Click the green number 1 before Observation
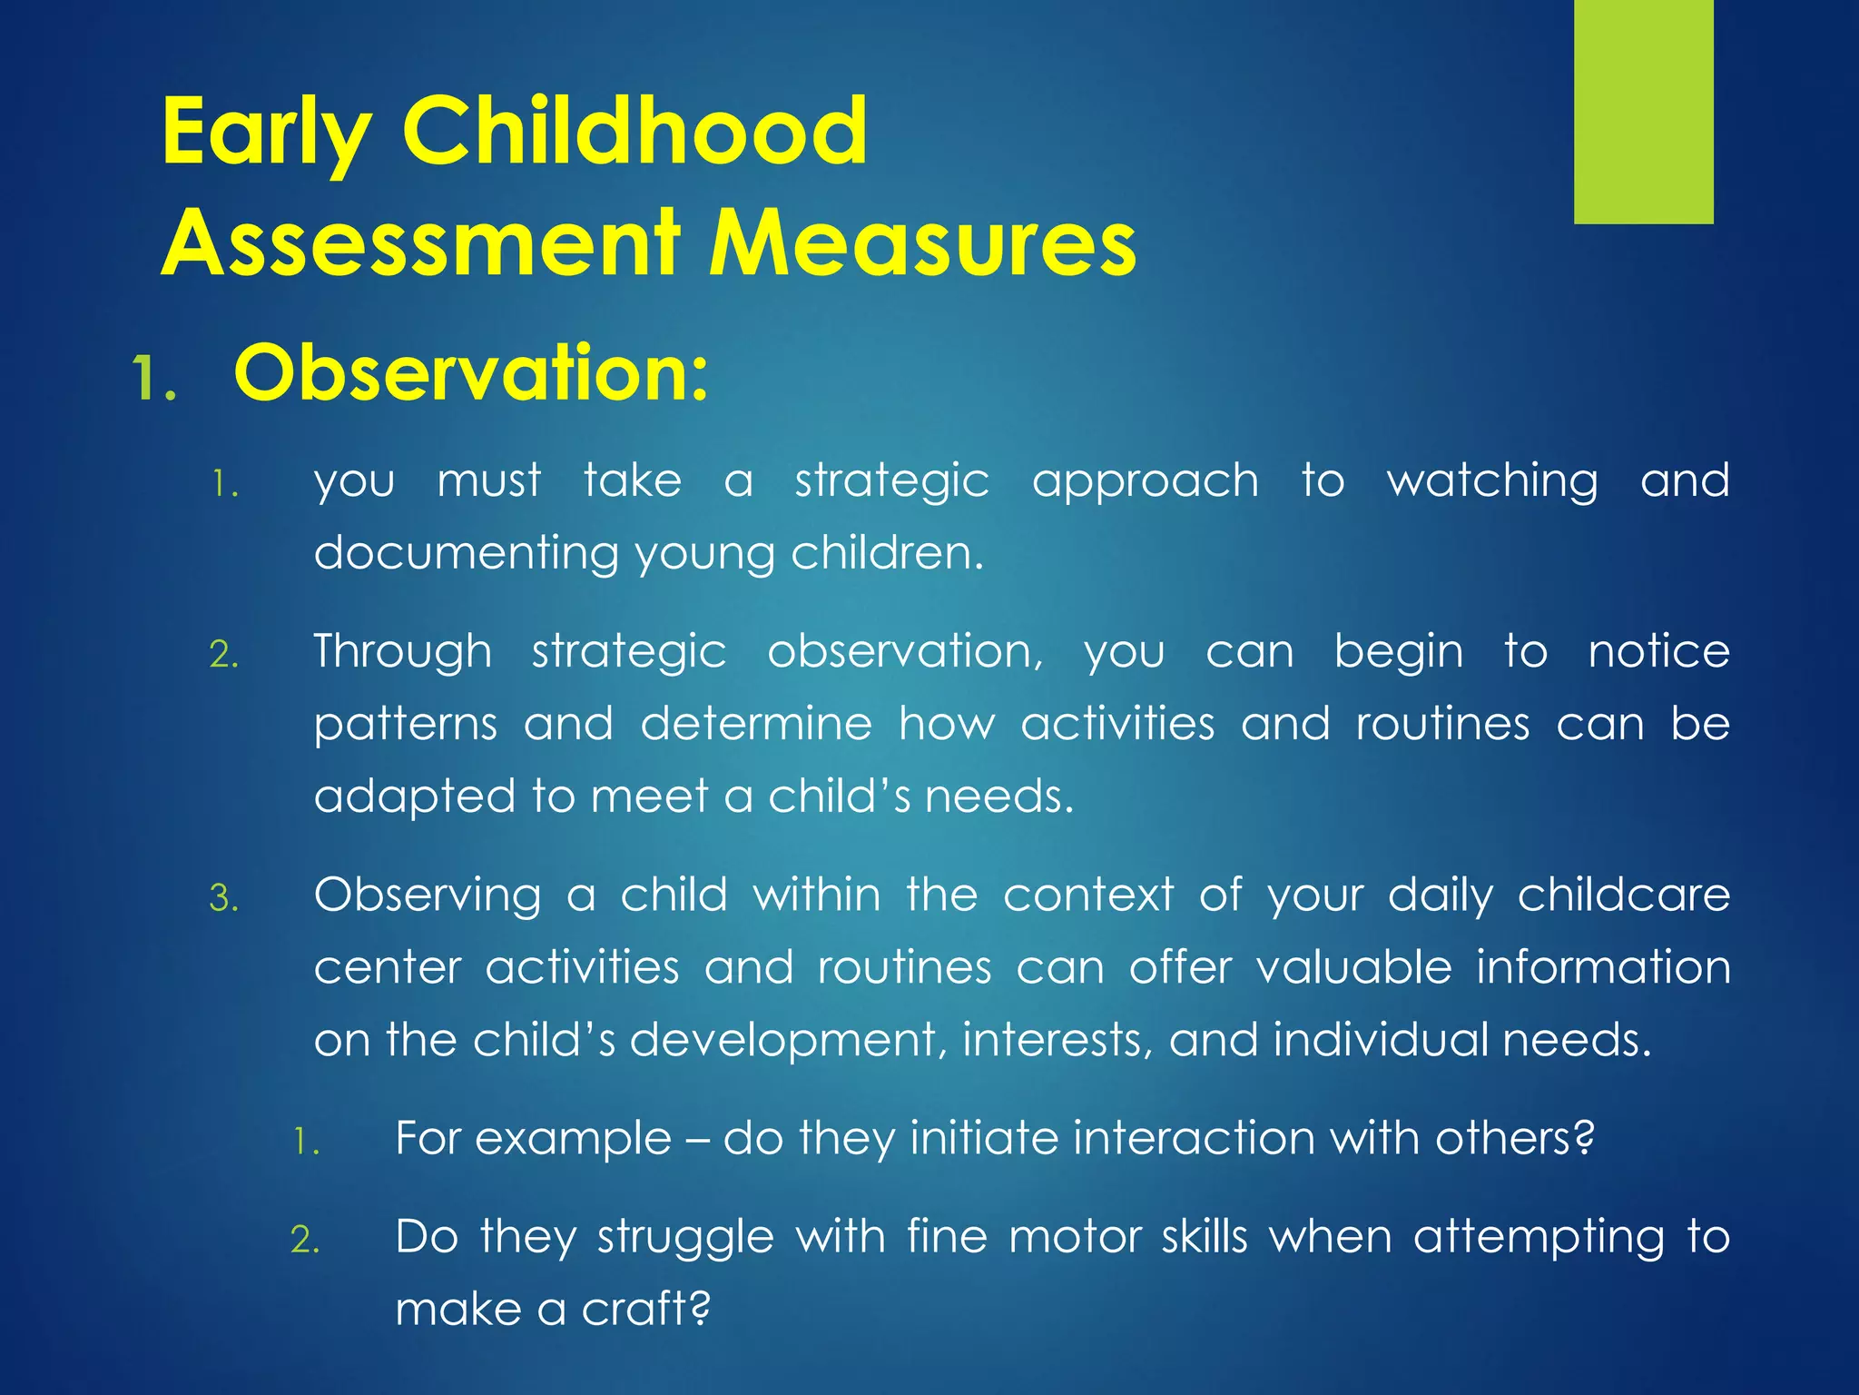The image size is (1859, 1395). (x=152, y=379)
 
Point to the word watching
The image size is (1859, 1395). (x=1491, y=481)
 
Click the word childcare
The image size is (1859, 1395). (x=1623, y=895)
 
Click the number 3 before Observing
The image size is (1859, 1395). (x=223, y=899)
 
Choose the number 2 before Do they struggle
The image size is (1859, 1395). (x=305, y=1241)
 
